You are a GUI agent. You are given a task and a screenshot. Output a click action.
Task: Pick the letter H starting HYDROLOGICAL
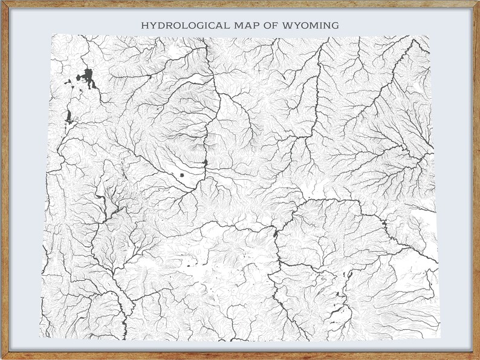(x=144, y=25)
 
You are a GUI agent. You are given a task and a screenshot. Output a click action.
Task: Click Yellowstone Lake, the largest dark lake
(x=88, y=78)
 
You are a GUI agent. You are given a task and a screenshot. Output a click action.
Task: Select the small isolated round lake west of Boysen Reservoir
(x=181, y=175)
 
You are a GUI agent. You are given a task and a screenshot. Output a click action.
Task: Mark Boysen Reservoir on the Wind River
(x=206, y=162)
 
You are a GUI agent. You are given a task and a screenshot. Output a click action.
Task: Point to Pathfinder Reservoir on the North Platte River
(x=276, y=233)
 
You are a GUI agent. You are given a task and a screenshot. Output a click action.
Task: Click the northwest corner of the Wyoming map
(x=52, y=35)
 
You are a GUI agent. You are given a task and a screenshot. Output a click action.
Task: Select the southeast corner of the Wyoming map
(x=440, y=338)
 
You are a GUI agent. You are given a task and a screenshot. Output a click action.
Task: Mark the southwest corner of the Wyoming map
(x=41, y=337)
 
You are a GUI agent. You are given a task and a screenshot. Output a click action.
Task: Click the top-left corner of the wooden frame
(x=1, y=1)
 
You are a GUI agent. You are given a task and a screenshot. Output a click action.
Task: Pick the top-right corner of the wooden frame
(x=478, y=1)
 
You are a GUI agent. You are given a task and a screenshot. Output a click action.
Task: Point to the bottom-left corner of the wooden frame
(x=1, y=358)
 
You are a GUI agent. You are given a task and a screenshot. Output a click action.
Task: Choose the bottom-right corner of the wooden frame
(x=478, y=358)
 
